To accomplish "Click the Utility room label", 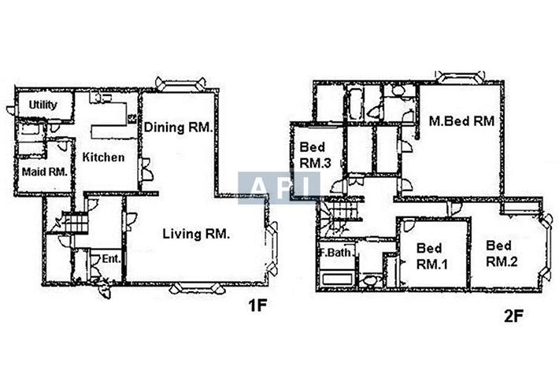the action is point(43,105).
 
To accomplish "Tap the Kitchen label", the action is point(103,157).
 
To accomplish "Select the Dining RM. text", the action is point(178,128).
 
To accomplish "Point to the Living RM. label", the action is point(196,234).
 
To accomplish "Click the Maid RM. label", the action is point(45,172).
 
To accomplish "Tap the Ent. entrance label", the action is point(111,259).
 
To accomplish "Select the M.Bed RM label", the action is point(461,121).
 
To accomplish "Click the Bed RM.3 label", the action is point(315,155).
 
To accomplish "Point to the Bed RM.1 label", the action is point(431,257).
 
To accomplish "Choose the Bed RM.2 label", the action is point(502,253).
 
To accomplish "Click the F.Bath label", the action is point(335,253).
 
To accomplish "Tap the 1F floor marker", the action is point(257,305).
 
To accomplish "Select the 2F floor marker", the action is point(513,316).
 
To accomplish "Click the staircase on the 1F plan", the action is point(76,223).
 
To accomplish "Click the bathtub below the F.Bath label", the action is point(338,279).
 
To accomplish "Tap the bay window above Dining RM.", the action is point(181,83).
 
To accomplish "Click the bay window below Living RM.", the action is point(197,288).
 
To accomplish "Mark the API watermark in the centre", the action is point(279,188).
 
